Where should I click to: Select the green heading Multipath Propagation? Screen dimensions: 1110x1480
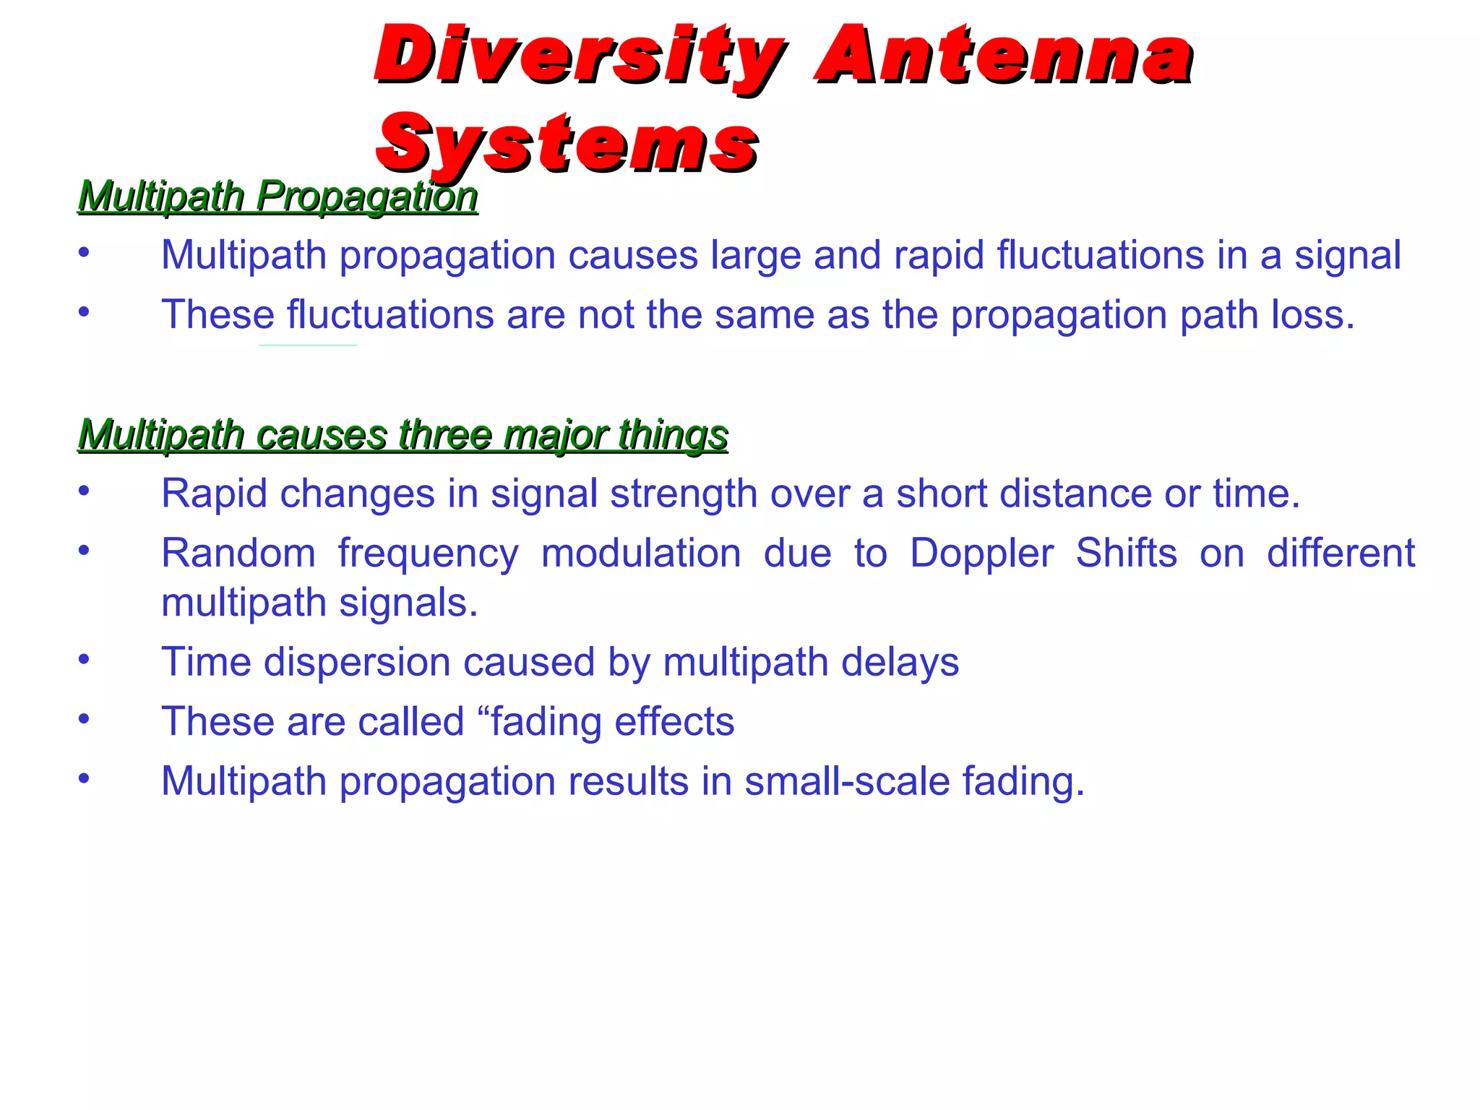[x=277, y=197]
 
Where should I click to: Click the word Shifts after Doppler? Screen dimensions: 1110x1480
[x=1126, y=554]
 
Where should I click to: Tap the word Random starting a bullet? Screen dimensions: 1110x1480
[x=238, y=554]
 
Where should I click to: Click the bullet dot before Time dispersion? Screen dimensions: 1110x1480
[x=85, y=659]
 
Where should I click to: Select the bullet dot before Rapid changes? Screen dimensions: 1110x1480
[x=85, y=491]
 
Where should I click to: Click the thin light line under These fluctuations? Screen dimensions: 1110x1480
[x=308, y=345]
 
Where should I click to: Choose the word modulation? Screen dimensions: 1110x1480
[x=641, y=554]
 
